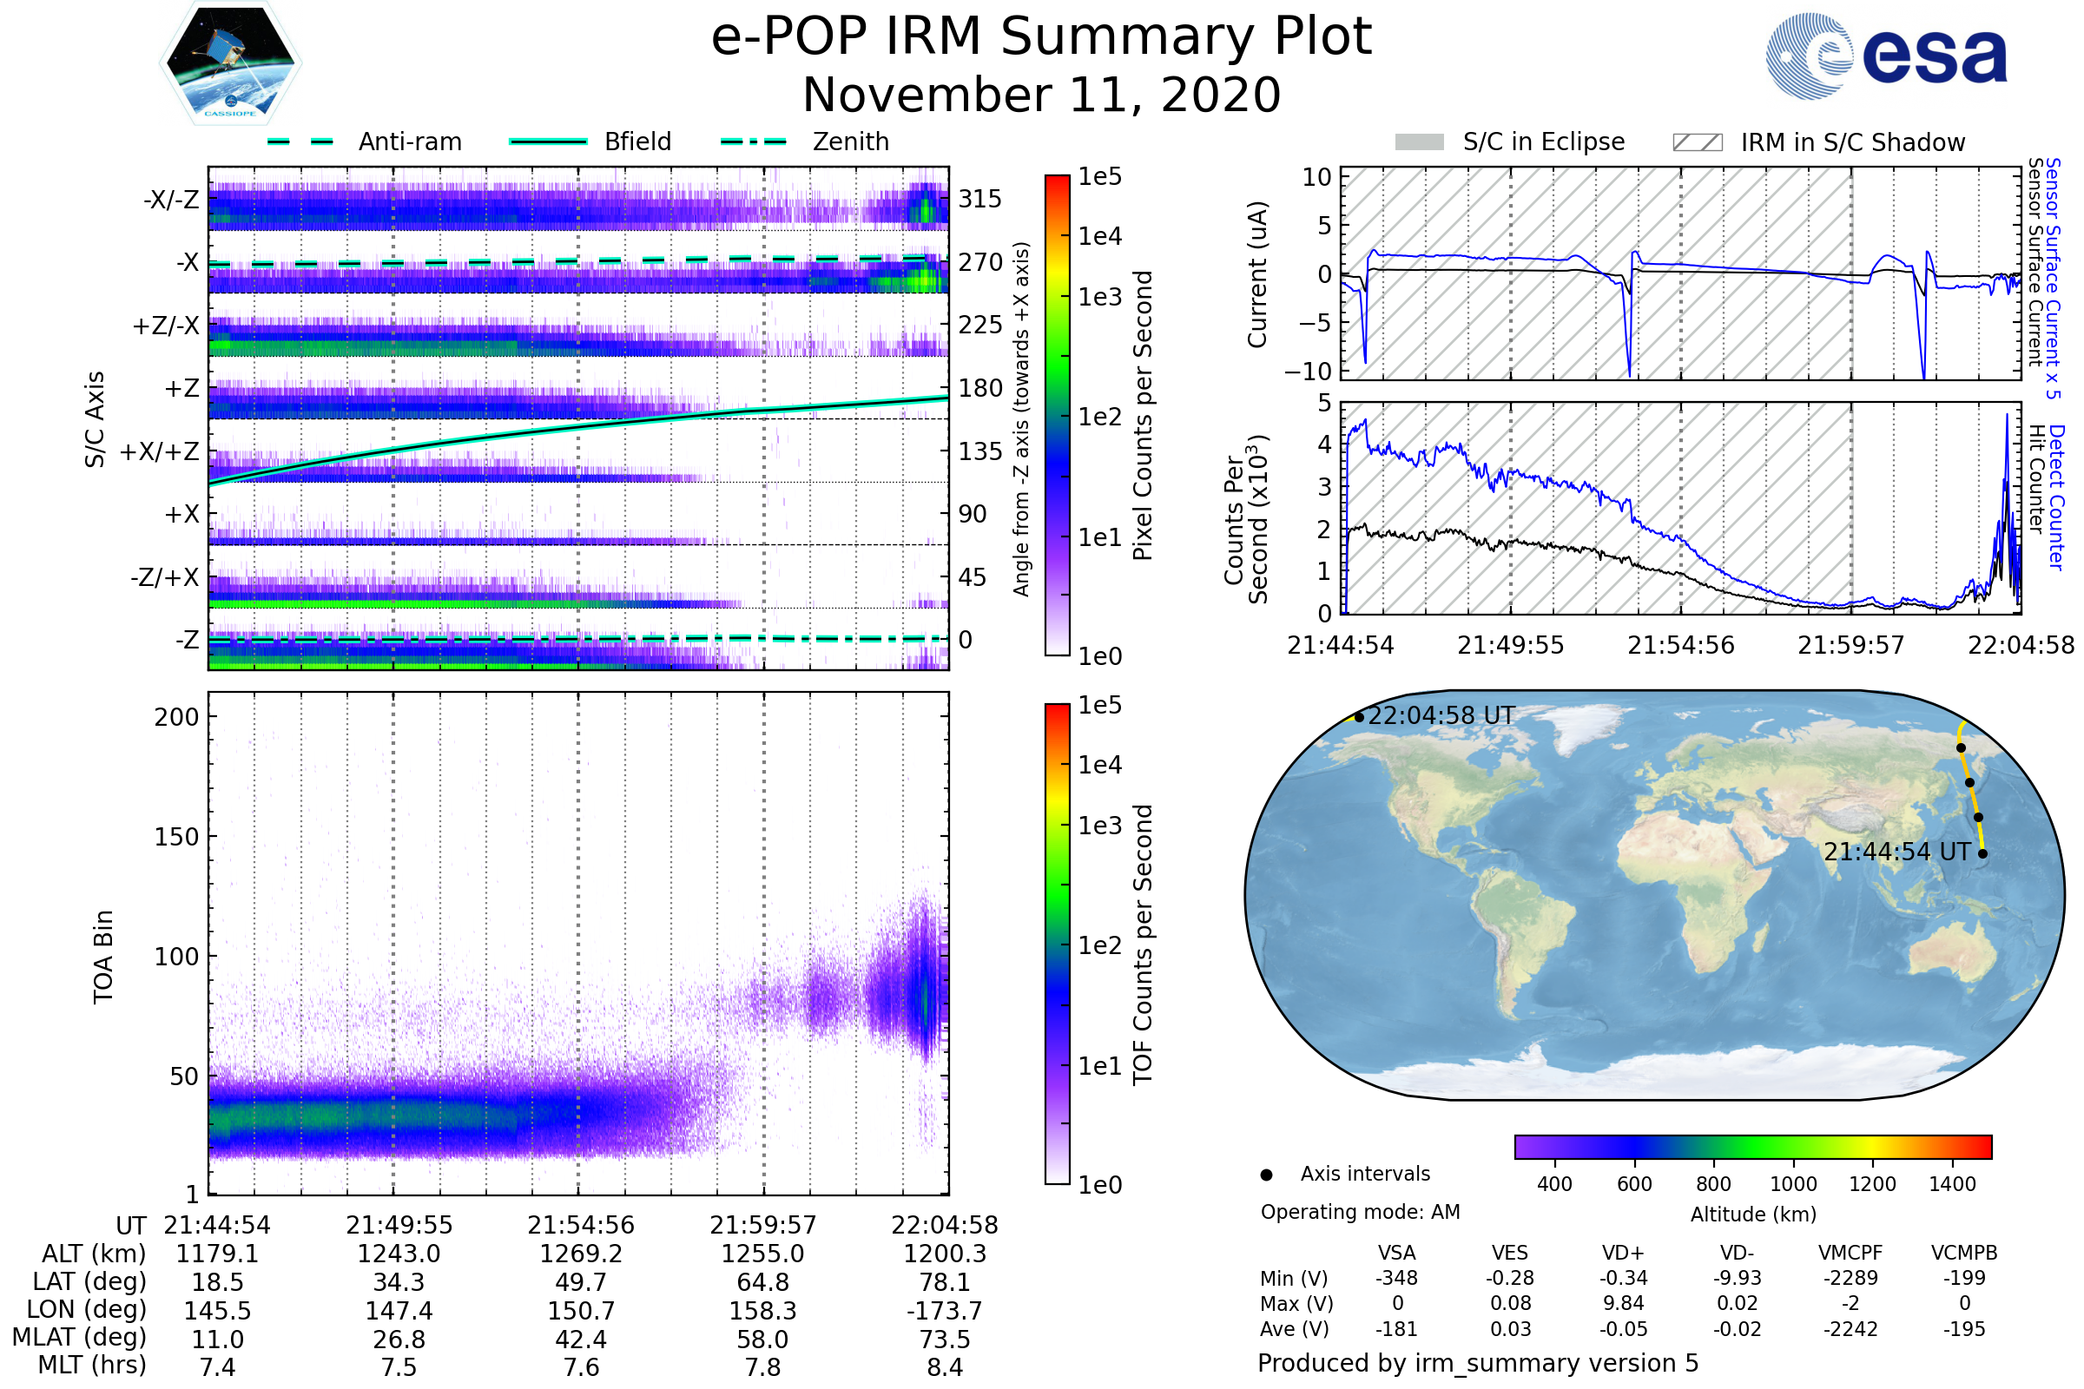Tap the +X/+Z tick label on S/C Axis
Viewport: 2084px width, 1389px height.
click(x=160, y=452)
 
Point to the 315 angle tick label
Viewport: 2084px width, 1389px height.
click(x=980, y=200)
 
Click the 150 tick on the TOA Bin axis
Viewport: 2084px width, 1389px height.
click(x=176, y=837)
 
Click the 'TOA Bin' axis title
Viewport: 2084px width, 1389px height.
click(x=103, y=957)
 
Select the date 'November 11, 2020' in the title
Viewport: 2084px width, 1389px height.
click(x=1041, y=95)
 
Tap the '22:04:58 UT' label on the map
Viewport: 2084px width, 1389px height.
click(x=1441, y=715)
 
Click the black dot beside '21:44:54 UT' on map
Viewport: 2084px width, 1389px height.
click(x=1982, y=854)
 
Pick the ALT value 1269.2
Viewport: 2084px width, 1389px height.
click(x=580, y=1254)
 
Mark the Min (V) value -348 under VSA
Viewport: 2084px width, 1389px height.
click(x=1396, y=1278)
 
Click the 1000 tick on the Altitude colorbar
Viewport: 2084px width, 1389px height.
click(x=1792, y=1184)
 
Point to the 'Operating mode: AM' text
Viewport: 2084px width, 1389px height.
click(x=1360, y=1212)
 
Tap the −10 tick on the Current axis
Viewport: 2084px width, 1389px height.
click(x=1308, y=372)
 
